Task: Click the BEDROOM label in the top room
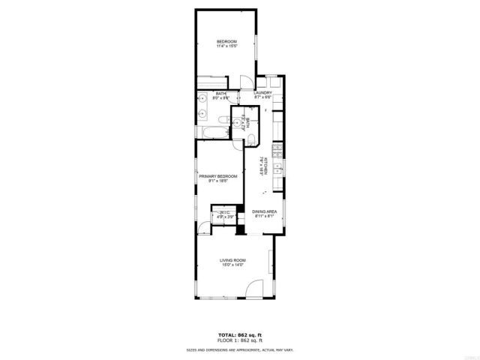pos(227,40)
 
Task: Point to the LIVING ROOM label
pos(233,259)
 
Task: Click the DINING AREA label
pos(265,212)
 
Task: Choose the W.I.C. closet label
pos(224,213)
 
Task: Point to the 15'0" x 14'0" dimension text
pos(233,265)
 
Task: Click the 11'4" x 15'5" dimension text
pos(227,46)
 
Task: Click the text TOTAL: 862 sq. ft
pos(239,335)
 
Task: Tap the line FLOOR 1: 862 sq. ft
pos(239,341)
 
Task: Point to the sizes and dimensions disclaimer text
pos(239,350)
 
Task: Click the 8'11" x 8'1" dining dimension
pos(265,217)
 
